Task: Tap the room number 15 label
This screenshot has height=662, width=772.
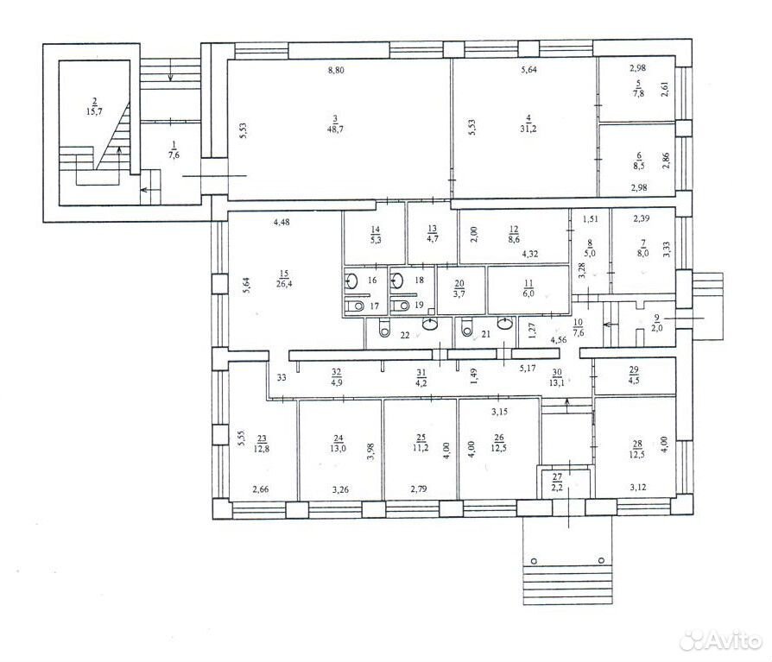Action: (284, 274)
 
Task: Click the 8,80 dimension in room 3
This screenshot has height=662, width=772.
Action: (336, 71)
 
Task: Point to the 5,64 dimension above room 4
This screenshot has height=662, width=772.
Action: (528, 70)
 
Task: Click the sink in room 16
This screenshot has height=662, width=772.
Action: (351, 281)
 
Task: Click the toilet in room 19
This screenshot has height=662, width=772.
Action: (401, 306)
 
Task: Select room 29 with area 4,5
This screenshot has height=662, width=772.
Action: (634, 375)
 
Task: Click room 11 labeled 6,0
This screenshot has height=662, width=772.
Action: (528, 289)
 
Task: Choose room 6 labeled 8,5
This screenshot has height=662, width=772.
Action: (639, 161)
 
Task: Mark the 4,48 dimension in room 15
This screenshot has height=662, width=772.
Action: (282, 223)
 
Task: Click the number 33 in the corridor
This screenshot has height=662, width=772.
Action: (282, 378)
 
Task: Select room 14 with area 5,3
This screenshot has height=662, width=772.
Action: (375, 235)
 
